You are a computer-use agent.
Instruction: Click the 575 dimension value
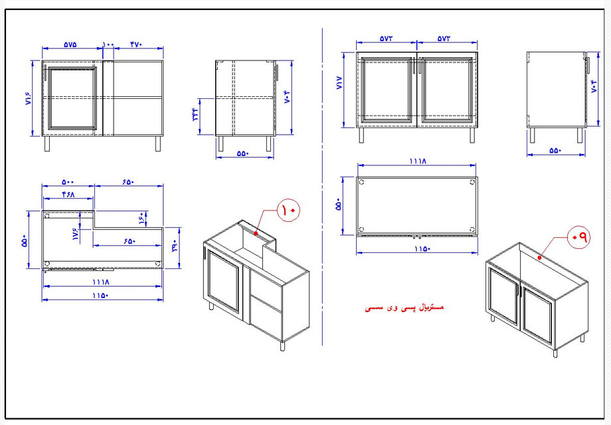pyautogui.click(x=70, y=44)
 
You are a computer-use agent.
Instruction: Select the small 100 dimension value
pyautogui.click(x=109, y=44)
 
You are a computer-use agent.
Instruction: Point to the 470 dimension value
pyautogui.click(x=135, y=44)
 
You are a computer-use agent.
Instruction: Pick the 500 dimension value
pyautogui.click(x=68, y=182)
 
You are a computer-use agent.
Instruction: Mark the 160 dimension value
pyautogui.click(x=141, y=217)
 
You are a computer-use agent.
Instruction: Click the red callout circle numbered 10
pyautogui.click(x=290, y=210)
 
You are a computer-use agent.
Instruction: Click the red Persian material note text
pyautogui.click(x=404, y=308)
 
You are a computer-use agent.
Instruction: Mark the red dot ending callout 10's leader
pyautogui.click(x=255, y=233)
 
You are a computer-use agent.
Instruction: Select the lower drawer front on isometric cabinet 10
pyautogui.click(x=266, y=318)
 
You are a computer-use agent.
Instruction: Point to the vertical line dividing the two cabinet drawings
pyautogui.click(x=322, y=186)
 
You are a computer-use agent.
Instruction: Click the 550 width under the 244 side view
pyautogui.click(x=242, y=153)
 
